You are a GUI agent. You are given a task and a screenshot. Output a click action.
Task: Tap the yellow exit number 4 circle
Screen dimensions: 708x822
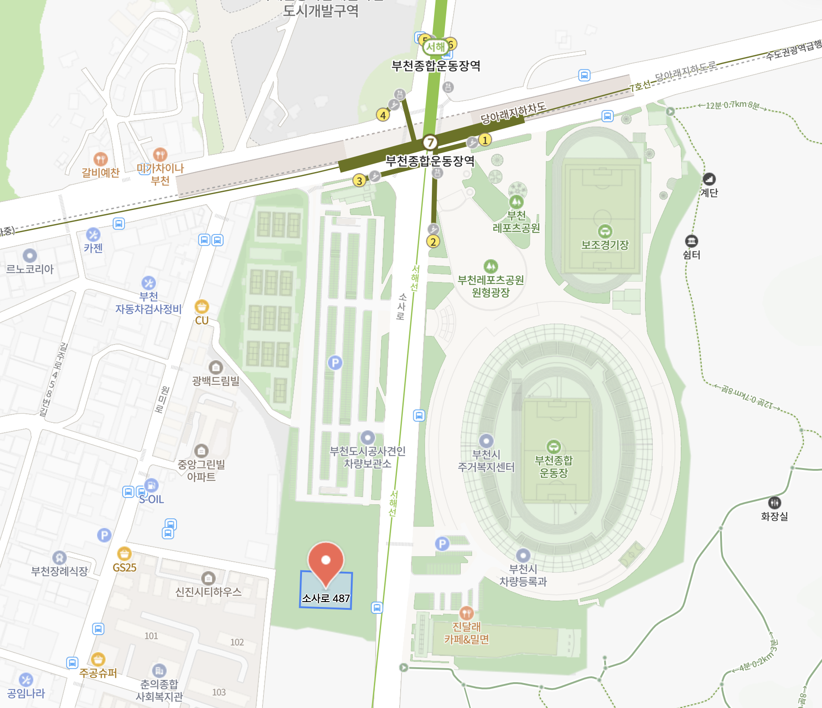(x=383, y=115)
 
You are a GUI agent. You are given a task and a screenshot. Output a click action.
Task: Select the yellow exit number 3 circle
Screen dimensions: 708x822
(x=359, y=181)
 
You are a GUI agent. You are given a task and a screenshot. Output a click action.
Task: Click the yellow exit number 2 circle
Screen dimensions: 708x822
(x=433, y=242)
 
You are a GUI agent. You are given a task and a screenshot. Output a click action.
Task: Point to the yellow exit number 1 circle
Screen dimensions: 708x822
(x=485, y=140)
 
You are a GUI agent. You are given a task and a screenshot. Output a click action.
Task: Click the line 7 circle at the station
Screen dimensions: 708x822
(x=430, y=143)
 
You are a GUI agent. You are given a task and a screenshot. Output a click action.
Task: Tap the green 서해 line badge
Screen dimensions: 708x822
(x=435, y=47)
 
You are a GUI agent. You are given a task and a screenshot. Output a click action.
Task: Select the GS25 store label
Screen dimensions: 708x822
(x=124, y=568)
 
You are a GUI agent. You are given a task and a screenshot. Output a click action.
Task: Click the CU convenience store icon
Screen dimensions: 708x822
(x=202, y=307)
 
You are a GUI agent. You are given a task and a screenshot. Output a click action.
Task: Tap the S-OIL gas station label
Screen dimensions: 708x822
(x=152, y=499)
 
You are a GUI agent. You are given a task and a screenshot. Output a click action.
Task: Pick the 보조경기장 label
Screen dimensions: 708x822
(x=605, y=245)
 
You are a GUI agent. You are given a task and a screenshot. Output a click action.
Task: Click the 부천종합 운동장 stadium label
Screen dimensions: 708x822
(x=554, y=466)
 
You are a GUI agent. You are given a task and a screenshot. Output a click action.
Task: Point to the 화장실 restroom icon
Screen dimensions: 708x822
(x=774, y=502)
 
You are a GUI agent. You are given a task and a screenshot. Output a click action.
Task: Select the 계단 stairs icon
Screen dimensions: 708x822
(x=709, y=179)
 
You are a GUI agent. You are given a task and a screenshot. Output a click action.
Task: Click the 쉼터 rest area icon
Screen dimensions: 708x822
(x=691, y=241)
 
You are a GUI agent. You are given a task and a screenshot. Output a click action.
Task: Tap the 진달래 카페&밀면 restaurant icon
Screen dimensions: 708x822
(x=466, y=613)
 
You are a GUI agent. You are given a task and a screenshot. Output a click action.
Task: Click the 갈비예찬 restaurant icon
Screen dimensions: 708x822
(x=100, y=159)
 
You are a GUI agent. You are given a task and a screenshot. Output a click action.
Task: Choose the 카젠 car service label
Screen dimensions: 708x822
(x=93, y=248)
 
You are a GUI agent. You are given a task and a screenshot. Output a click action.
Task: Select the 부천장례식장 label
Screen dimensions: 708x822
(x=59, y=571)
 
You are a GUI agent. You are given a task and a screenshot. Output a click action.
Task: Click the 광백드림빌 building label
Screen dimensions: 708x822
(x=215, y=381)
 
